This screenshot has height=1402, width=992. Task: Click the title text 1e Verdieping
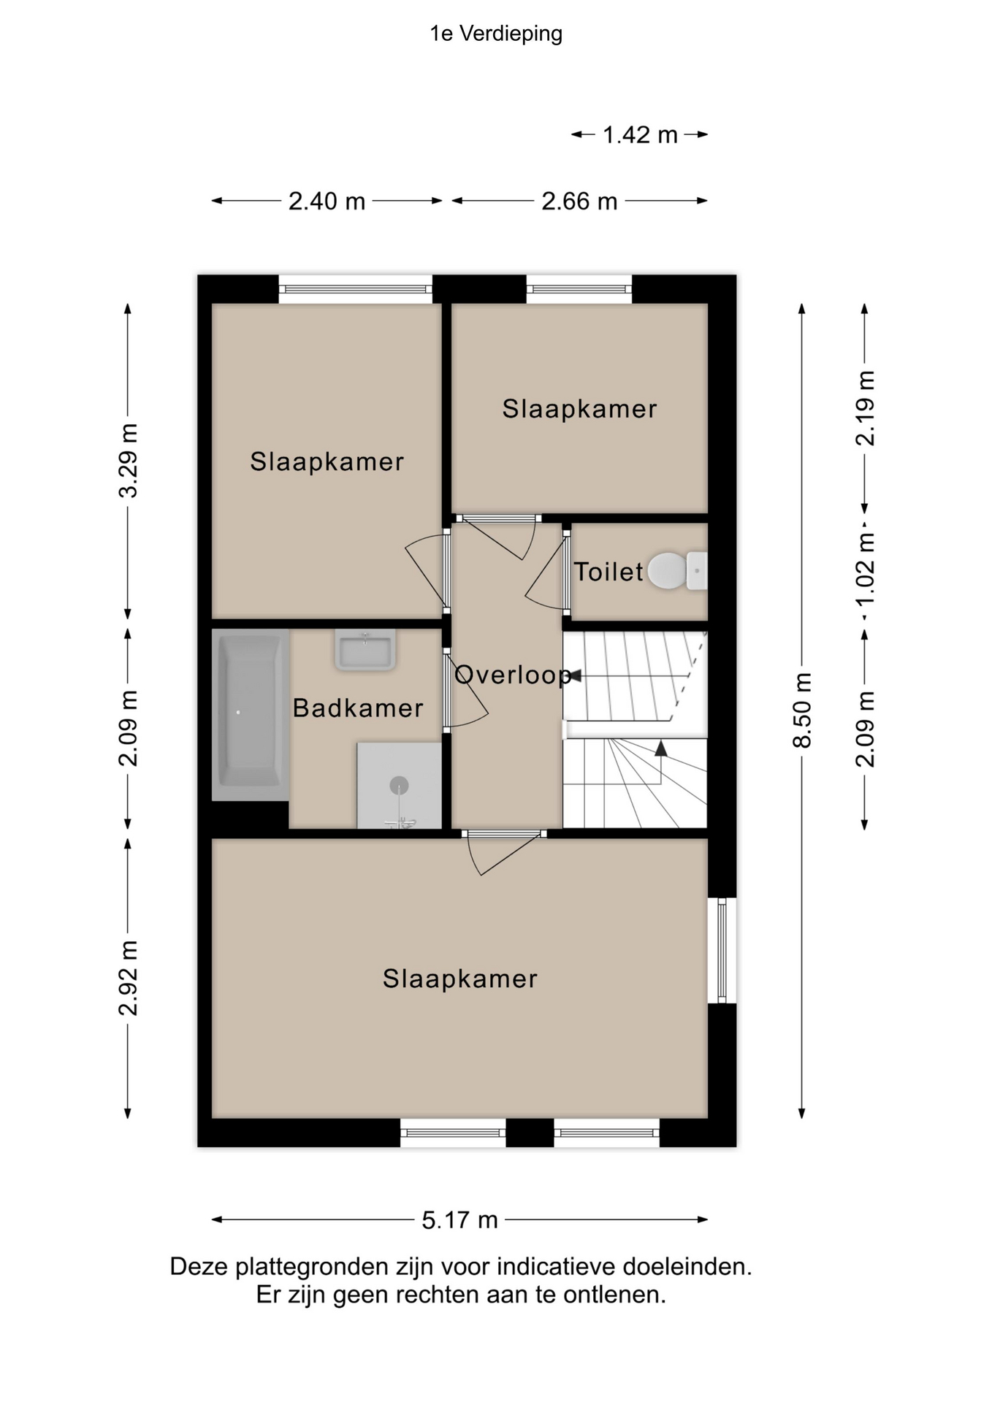[x=496, y=34]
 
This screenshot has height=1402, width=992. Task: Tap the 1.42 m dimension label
[x=640, y=135]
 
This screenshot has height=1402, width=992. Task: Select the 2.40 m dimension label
[x=327, y=201]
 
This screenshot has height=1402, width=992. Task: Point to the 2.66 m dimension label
[x=579, y=201]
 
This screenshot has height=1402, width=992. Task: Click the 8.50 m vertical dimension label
[x=802, y=710]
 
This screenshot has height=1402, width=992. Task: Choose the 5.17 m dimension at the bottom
[x=459, y=1220]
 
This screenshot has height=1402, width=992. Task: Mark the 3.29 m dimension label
[x=128, y=461]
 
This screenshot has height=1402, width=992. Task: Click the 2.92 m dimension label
[x=128, y=978]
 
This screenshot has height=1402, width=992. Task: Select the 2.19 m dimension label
[x=865, y=408]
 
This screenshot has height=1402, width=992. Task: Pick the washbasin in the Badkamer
[x=365, y=649]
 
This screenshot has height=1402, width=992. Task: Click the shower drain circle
[x=399, y=786]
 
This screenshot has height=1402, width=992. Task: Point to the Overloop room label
[x=512, y=675]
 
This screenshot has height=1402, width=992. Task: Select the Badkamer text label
[x=358, y=708]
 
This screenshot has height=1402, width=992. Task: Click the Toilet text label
[x=608, y=572]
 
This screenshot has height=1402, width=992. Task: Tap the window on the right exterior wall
[x=722, y=950]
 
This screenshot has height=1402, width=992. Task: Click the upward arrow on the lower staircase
[x=661, y=748]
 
